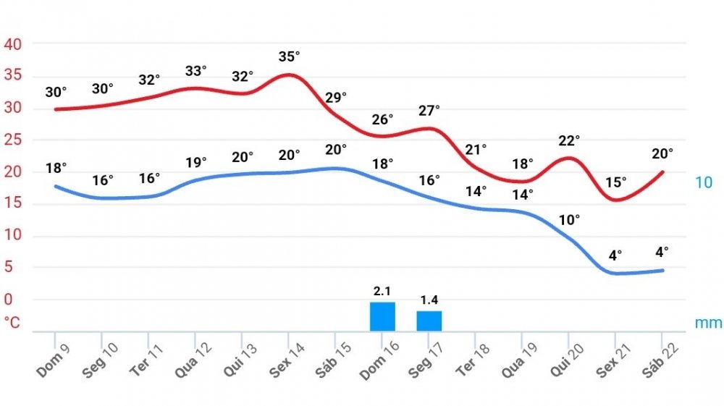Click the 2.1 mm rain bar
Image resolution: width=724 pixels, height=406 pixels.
click(382, 317)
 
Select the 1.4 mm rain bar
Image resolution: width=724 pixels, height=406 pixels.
click(429, 321)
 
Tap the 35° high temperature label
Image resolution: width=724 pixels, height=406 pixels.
click(289, 56)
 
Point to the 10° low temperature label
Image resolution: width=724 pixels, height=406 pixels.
click(570, 221)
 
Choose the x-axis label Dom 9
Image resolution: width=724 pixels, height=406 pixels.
click(54, 359)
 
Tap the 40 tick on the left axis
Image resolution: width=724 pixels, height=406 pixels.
click(13, 44)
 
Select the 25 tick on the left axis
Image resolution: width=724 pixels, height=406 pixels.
click(13, 140)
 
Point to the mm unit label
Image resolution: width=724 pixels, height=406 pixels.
click(708, 323)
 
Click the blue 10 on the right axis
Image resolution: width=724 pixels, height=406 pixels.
click(704, 182)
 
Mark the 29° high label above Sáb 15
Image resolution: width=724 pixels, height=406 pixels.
click(336, 97)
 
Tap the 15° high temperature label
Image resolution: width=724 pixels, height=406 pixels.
click(616, 182)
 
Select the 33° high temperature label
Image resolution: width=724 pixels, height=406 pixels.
click(195, 71)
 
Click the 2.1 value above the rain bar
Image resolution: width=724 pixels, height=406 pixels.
click(382, 291)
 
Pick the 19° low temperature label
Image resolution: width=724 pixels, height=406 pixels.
click(195, 161)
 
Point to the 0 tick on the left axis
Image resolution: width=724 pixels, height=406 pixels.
click(9, 299)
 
